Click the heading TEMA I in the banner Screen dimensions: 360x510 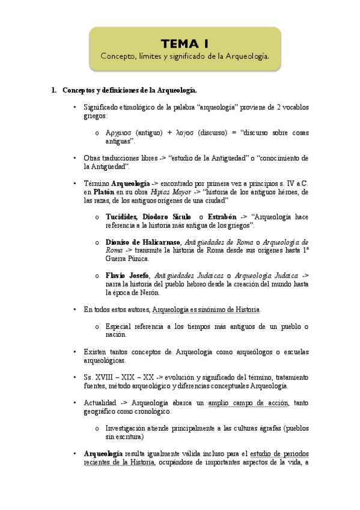(185, 44)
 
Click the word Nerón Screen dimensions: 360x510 (148, 292)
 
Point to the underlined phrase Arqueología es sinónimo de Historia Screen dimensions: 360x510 (206, 309)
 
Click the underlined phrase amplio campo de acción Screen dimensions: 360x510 (248, 402)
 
